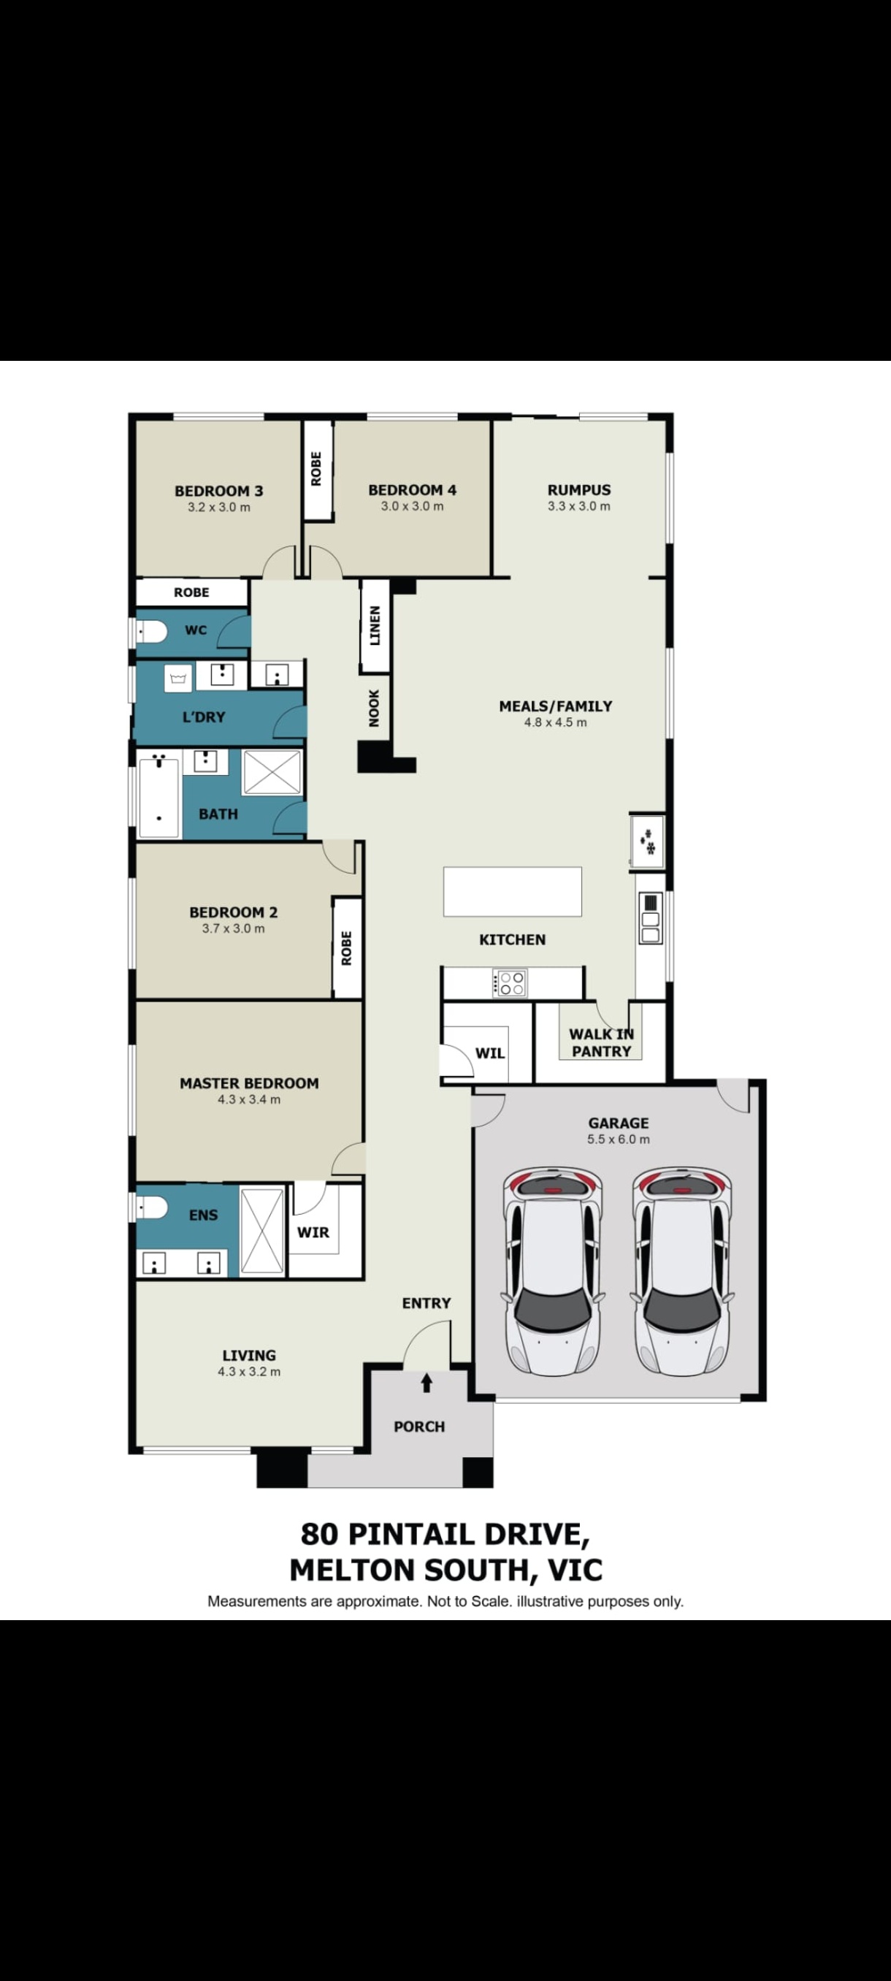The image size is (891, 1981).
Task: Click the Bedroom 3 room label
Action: pos(218,491)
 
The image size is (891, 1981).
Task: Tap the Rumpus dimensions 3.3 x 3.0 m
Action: pos(579,506)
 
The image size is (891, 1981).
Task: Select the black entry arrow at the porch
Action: pos(427,1383)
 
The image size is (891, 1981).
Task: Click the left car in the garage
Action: pos(552,1272)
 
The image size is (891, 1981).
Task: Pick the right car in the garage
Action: pos(681,1272)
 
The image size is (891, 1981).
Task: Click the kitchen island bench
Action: pos(512,891)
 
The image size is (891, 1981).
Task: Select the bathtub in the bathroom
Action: pos(158,798)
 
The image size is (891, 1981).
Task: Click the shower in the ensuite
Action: pos(262,1232)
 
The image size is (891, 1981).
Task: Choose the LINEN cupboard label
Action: pos(375,625)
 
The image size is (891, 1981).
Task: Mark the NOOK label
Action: pos(374,708)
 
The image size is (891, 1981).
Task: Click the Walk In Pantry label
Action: pos(601,1043)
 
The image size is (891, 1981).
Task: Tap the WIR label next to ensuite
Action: pos(313,1232)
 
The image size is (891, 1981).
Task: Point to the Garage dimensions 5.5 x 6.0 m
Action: pos(618,1139)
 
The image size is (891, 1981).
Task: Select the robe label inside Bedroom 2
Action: pos(347,948)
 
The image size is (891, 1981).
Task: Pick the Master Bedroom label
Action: pos(249,1083)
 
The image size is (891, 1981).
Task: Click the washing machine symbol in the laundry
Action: pos(177,679)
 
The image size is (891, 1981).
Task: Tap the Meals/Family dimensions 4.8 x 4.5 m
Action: pos(555,722)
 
